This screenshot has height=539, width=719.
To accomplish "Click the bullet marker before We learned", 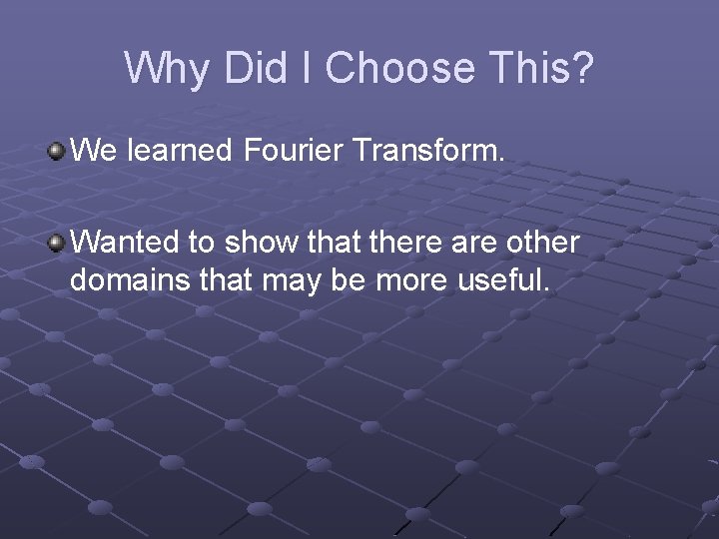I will (57, 151).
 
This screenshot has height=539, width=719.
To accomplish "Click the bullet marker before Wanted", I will (57, 242).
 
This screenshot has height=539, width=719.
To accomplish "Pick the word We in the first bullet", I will (94, 151).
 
